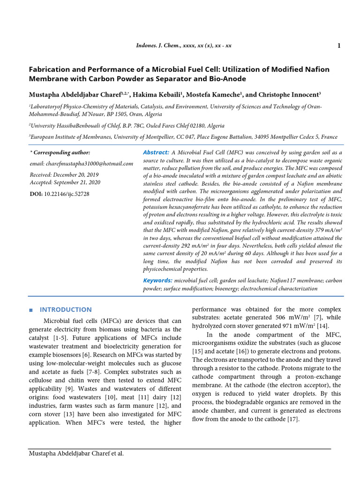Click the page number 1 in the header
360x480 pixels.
pos(338,45)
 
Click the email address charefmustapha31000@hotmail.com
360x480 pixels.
pos(82,164)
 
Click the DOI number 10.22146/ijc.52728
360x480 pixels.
pos(67,194)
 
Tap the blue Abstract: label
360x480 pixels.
pos(156,153)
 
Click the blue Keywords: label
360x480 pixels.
pos(157,280)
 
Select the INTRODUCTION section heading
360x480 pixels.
pos(66,309)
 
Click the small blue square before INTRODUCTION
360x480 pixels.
pos(30,310)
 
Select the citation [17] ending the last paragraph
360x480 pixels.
pos(292,419)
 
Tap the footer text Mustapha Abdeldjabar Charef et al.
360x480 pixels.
pos(76,453)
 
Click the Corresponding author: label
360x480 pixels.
pos(61,153)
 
